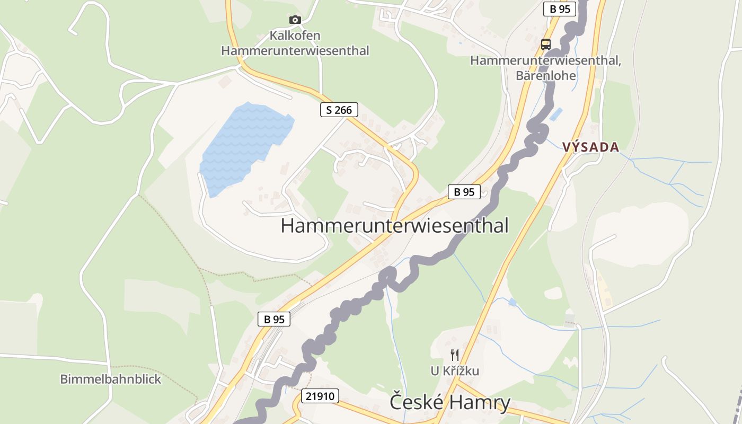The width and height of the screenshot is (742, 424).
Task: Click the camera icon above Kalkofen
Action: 295,20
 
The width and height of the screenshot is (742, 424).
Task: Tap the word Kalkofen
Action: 295,36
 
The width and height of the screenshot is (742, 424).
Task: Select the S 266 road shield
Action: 339,110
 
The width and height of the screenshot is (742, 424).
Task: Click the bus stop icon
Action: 546,44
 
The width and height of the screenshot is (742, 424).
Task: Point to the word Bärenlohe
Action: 545,75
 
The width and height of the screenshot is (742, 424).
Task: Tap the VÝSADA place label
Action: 591,147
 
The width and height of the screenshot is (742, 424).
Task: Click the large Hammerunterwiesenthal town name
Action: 394,225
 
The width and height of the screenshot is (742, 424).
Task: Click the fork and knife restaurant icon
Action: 455,355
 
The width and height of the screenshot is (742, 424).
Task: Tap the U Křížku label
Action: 455,371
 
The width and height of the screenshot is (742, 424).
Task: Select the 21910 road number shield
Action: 320,395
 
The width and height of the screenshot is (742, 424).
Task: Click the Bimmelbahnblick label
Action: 110,379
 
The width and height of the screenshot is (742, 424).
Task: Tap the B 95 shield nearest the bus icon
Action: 560,9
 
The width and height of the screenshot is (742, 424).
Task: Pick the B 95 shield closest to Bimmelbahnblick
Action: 274,319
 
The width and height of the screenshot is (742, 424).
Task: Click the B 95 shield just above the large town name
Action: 464,192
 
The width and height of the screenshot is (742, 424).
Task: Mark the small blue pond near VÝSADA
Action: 556,114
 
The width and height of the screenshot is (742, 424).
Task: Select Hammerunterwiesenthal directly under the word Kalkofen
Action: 295,51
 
